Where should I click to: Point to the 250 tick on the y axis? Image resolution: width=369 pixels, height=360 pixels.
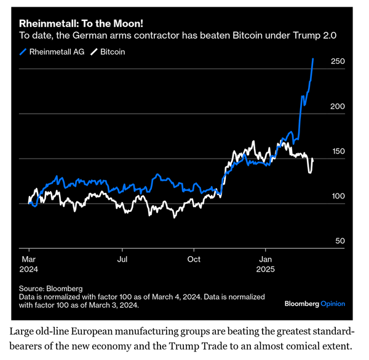[338, 61]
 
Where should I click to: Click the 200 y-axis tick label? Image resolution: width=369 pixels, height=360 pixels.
[338, 106]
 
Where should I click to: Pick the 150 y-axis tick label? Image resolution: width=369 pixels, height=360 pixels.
[338, 151]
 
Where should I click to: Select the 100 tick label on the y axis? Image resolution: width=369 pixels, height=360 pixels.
[338, 196]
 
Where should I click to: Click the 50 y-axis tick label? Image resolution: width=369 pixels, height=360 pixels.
[339, 241]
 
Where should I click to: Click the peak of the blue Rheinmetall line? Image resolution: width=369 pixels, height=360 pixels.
[313, 58]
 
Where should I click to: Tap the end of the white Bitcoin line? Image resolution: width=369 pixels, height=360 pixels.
[313, 159]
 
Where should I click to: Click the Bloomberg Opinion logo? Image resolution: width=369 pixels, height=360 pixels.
[314, 303]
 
